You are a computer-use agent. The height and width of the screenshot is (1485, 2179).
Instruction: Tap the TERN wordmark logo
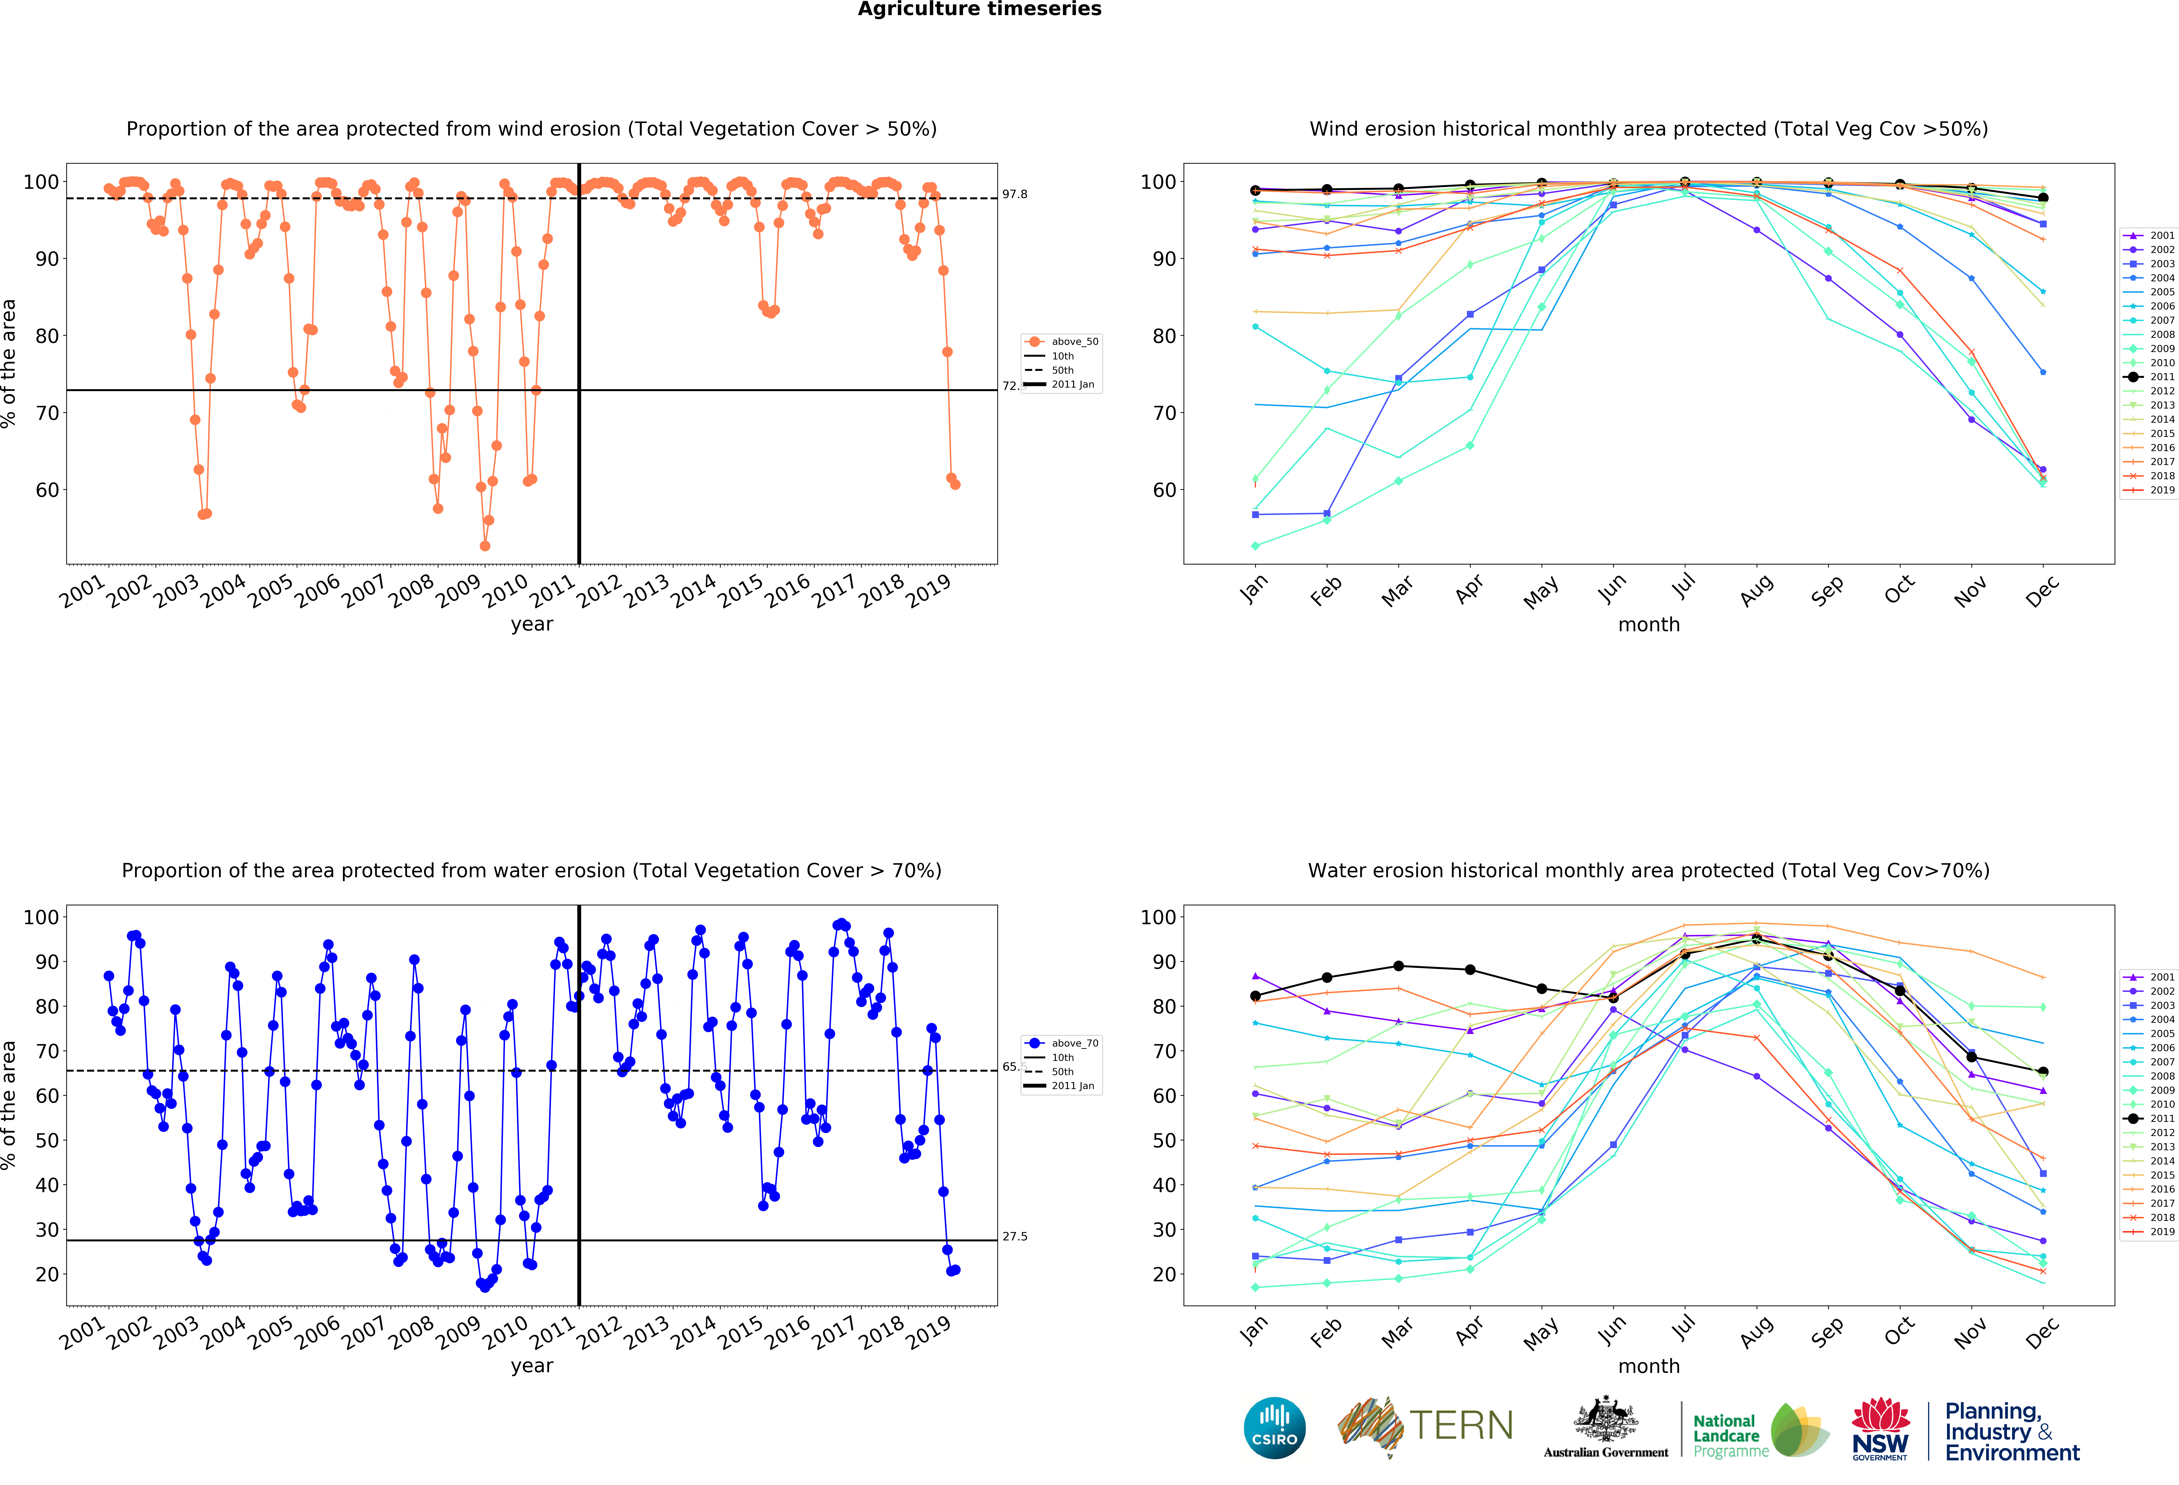1461,1426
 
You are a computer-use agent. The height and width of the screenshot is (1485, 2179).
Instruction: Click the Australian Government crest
1606,1422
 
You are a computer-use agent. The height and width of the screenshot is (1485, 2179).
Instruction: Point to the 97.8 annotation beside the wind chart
1015,194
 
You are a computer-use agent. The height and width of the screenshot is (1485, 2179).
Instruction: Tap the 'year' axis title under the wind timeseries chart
532,624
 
